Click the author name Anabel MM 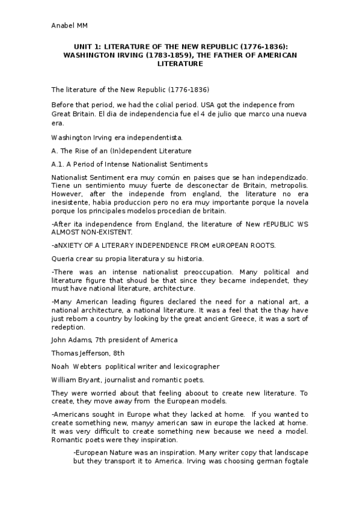click(x=70, y=25)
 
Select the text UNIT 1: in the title click(x=87, y=46)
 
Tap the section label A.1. click(x=59, y=164)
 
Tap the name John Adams click(x=72, y=340)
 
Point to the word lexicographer click(x=192, y=366)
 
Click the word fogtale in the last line click(x=294, y=461)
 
